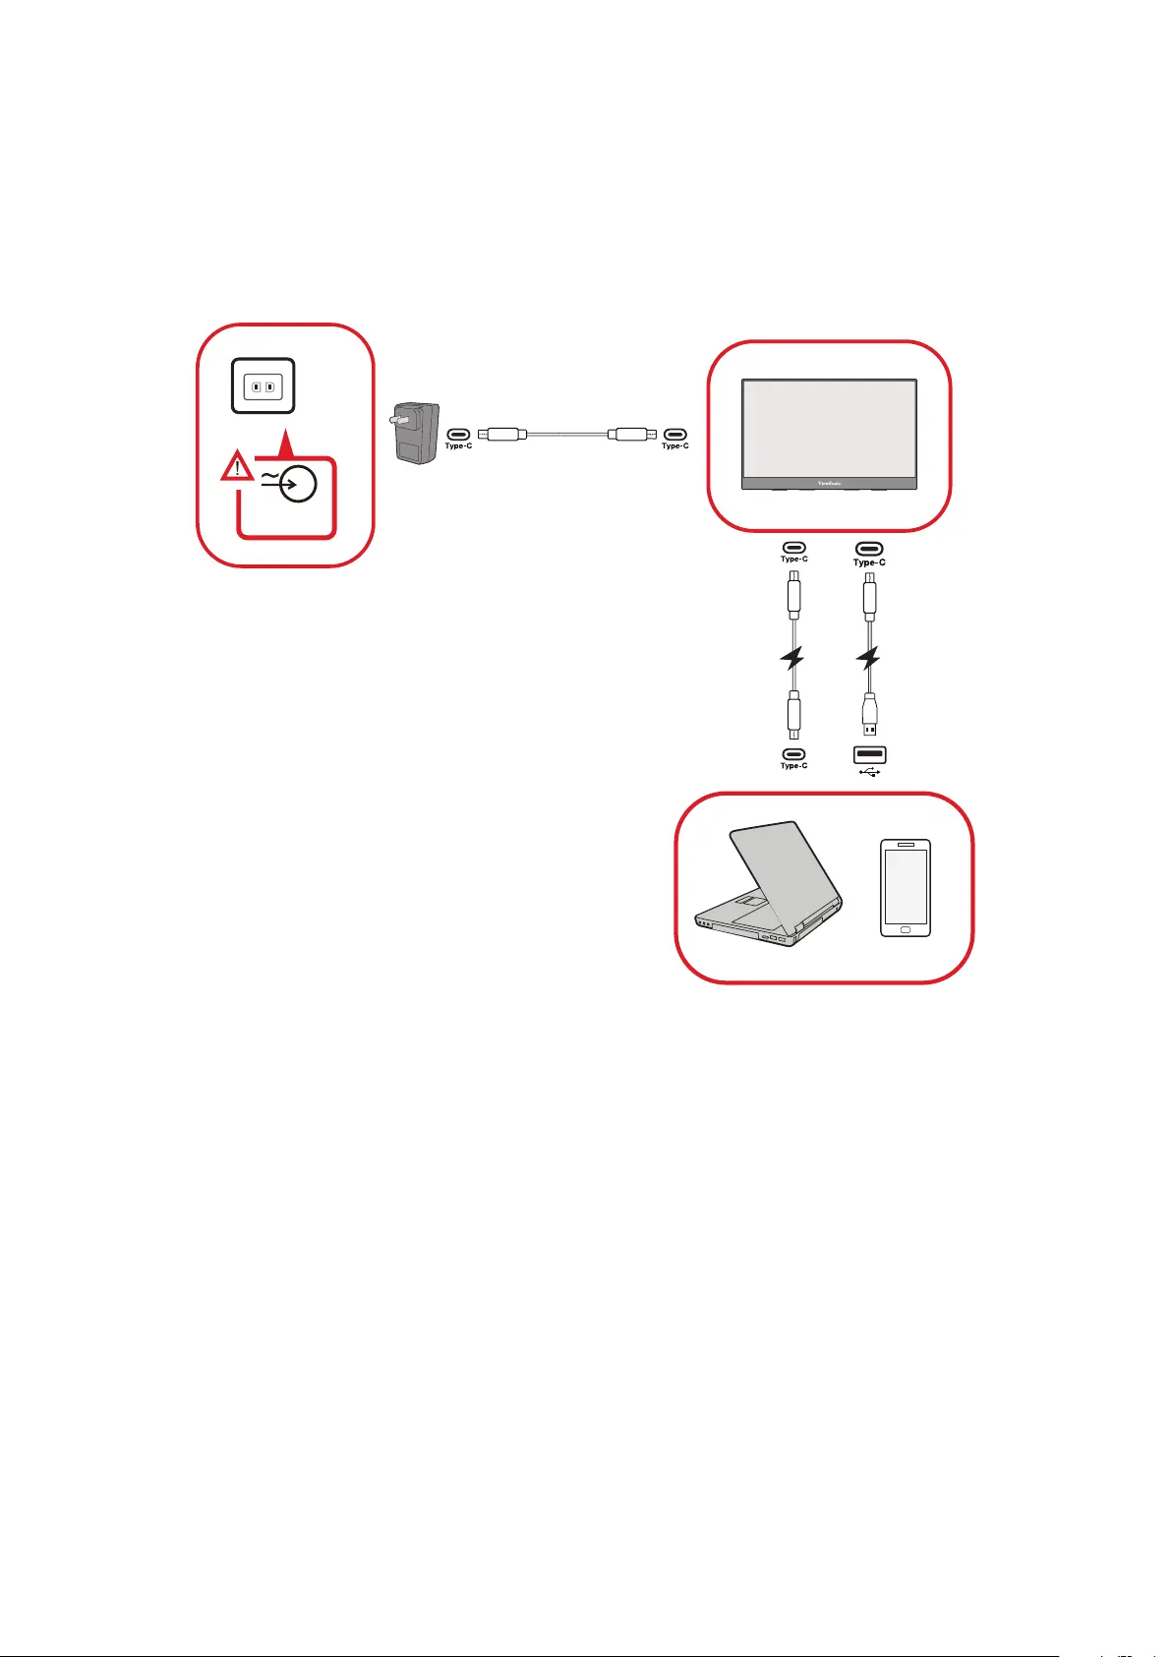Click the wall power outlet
click(x=263, y=385)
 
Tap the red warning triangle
click(x=236, y=467)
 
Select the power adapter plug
click(x=415, y=432)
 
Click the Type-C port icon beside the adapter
click(x=458, y=433)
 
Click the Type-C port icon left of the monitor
click(x=674, y=433)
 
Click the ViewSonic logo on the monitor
click(x=829, y=483)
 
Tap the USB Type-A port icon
click(x=869, y=755)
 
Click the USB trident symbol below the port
click(x=869, y=771)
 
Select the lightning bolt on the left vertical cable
click(x=792, y=658)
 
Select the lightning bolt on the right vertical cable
click(x=869, y=658)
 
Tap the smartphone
click(x=906, y=888)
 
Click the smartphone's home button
click(x=906, y=927)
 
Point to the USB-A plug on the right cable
click(x=869, y=716)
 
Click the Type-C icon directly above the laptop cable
click(x=793, y=755)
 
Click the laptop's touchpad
click(x=750, y=901)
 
